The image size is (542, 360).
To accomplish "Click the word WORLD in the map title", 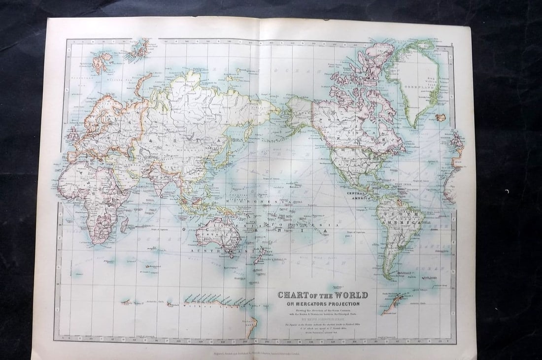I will pos(349,295).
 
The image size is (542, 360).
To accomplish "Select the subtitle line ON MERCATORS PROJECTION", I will pos(323,303).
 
